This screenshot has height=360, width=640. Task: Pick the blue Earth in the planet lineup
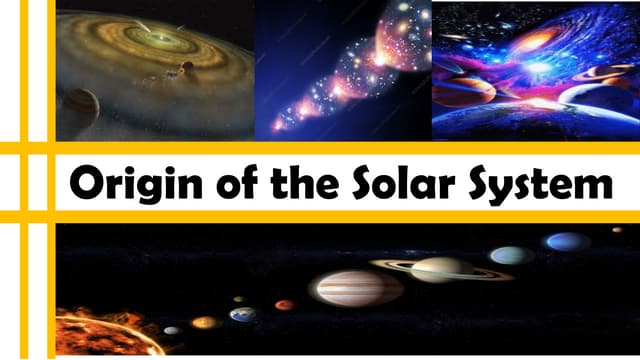pyautogui.click(x=242, y=314)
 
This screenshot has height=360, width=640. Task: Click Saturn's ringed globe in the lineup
pyautogui.click(x=440, y=268)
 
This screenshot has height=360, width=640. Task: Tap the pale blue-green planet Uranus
pyautogui.click(x=512, y=255)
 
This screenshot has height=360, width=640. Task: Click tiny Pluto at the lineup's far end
pyautogui.click(x=617, y=230)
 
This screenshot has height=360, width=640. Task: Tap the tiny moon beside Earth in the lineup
pyautogui.click(x=238, y=298)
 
